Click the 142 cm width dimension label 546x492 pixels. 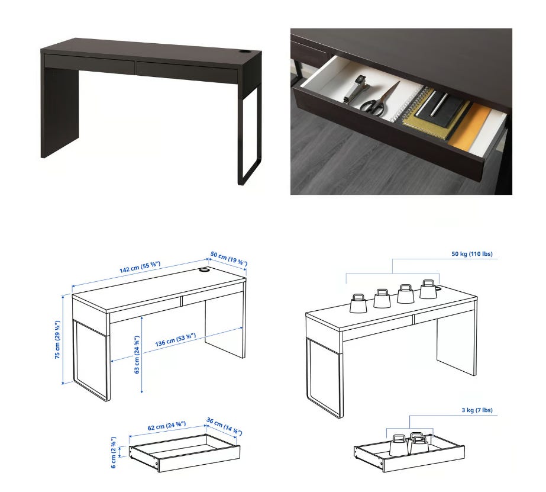[x=140, y=267]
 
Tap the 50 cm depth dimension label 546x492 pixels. [x=229, y=258]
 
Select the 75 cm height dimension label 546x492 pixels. [x=57, y=340]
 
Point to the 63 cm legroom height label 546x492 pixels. [x=137, y=355]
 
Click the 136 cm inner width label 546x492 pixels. [x=176, y=340]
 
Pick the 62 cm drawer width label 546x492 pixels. [x=167, y=426]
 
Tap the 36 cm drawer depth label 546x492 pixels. [x=224, y=426]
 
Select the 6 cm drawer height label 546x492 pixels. [x=114, y=452]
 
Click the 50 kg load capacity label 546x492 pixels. [x=472, y=253]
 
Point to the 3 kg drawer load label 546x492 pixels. [x=477, y=410]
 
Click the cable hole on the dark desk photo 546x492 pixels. [x=246, y=52]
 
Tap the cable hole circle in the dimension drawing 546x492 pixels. [x=204, y=270]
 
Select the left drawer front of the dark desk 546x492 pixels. [x=89, y=63]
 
